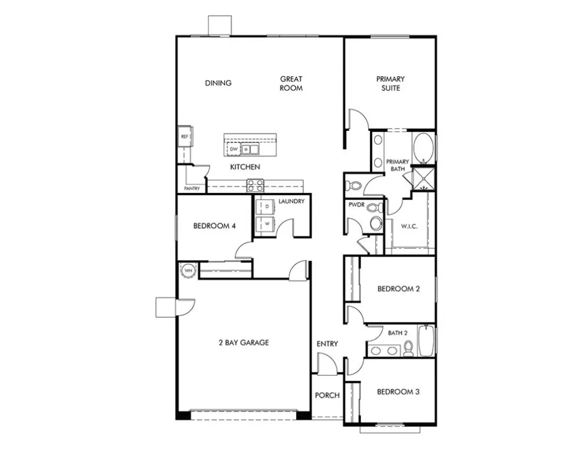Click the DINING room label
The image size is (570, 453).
[x=218, y=83]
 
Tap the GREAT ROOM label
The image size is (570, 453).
[x=291, y=83]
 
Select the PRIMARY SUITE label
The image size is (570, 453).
[x=390, y=83]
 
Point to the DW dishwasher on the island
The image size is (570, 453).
[x=233, y=149]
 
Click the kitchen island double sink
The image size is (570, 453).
[x=250, y=149]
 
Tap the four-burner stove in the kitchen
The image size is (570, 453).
[x=255, y=185]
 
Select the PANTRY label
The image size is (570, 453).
[x=191, y=189]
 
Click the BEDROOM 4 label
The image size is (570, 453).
[x=214, y=226]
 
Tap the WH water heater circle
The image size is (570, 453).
[x=188, y=270]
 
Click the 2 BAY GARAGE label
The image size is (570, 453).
[x=243, y=343]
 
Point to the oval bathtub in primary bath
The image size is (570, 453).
[x=423, y=148]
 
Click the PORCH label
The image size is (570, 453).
[x=327, y=396]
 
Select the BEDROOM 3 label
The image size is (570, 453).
[x=398, y=392]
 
